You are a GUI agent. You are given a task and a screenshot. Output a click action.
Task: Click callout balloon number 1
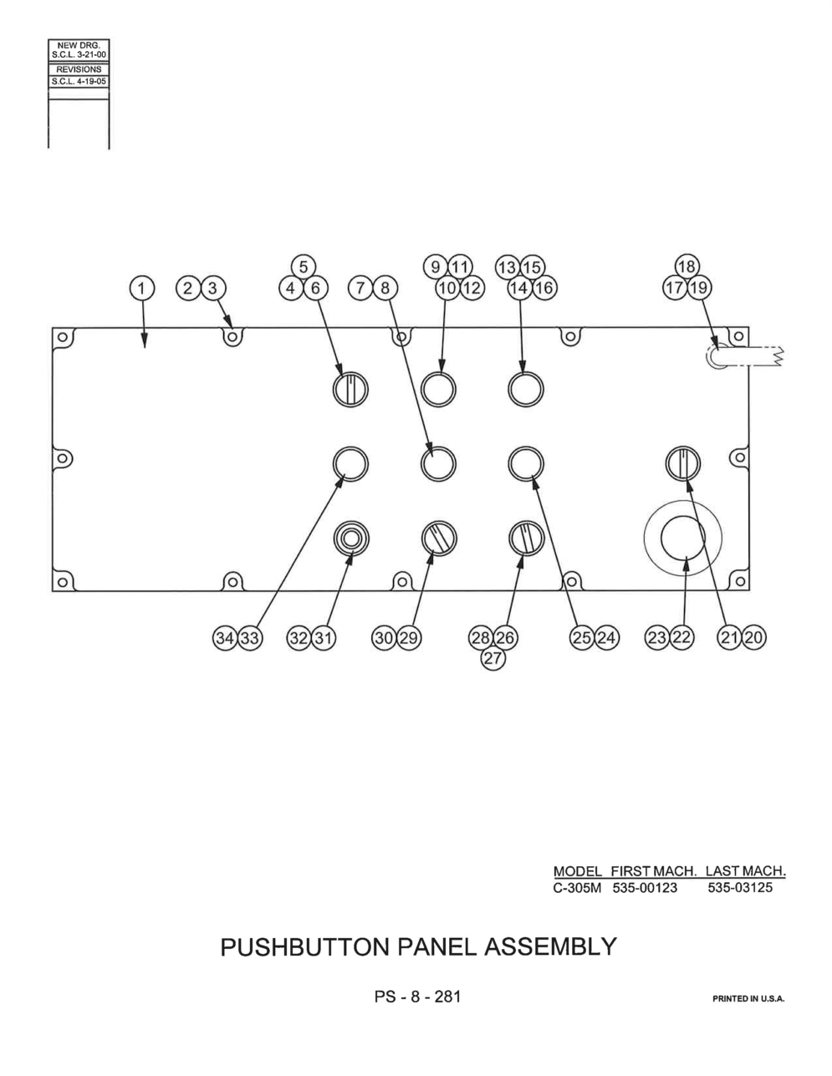[141, 288]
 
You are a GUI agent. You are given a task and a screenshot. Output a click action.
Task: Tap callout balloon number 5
[303, 268]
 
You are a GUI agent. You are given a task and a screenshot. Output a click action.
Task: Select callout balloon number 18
[687, 268]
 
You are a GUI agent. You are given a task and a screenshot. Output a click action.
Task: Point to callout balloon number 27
[493, 659]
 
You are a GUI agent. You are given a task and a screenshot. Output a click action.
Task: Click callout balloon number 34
[225, 638]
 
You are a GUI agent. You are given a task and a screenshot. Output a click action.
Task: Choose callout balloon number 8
[385, 288]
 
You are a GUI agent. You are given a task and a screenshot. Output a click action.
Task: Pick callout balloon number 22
[682, 637]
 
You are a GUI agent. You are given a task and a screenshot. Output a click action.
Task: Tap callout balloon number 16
[544, 288]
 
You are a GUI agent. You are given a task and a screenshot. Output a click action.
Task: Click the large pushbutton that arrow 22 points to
[683, 538]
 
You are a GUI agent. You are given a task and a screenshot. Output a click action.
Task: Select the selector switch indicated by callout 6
[350, 390]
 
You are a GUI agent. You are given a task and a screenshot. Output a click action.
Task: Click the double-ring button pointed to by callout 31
[350, 538]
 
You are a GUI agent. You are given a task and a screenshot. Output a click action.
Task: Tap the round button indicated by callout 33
[350, 464]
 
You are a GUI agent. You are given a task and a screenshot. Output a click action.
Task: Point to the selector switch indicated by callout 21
[683, 463]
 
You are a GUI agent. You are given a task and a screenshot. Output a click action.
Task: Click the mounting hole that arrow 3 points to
[232, 339]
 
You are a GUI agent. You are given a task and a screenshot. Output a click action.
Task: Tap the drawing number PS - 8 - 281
[417, 997]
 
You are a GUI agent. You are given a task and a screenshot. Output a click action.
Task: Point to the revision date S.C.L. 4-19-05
[79, 81]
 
